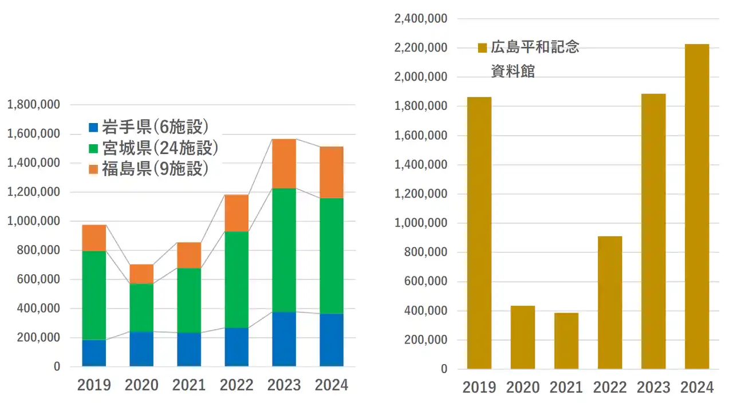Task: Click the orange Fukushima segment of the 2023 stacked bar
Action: click(284, 164)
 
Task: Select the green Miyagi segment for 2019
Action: click(94, 295)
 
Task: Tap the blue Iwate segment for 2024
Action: click(332, 339)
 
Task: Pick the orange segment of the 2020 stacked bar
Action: click(141, 274)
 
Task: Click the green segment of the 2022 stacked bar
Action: click(237, 279)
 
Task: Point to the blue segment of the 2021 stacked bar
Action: click(189, 349)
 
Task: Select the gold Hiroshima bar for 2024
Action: click(697, 206)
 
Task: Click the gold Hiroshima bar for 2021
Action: click(566, 341)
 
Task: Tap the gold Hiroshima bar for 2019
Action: click(479, 232)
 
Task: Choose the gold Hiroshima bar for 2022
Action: click(610, 302)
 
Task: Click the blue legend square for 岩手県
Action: click(94, 127)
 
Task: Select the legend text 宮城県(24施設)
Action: click(160, 148)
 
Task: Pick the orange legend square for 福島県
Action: click(94, 169)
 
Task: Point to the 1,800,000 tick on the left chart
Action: click(33, 105)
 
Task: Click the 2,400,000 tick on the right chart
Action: click(421, 18)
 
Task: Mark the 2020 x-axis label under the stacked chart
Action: click(141, 385)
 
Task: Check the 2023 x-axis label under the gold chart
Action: click(653, 387)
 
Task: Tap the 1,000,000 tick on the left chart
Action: click(33, 222)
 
